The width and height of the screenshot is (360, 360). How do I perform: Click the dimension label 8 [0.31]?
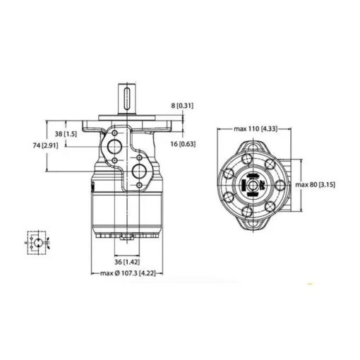coord(182,106)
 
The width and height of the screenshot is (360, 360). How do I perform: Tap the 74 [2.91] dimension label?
coord(45,145)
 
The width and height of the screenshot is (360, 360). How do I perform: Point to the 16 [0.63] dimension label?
coord(183,144)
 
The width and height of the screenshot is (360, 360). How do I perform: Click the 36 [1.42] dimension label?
coord(127,262)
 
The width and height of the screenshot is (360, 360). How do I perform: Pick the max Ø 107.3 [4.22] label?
coord(128,273)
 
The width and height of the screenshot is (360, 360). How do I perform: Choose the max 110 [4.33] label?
coord(256,128)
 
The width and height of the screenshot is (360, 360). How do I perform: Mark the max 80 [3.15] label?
coord(315,184)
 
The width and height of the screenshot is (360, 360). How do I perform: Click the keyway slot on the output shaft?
coord(127,99)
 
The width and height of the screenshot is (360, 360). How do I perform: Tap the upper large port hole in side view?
coord(114,147)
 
